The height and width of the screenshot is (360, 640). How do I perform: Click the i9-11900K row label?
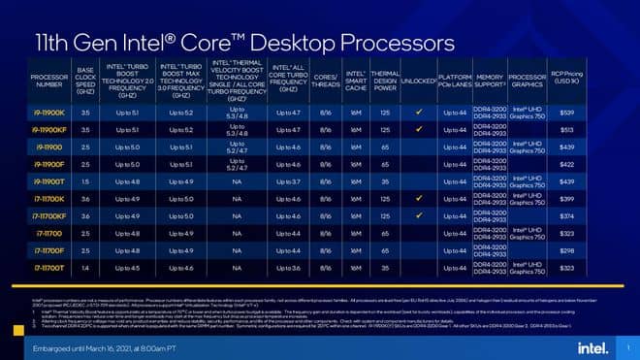tap(42, 114)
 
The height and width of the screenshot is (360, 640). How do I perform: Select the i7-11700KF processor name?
tap(42, 215)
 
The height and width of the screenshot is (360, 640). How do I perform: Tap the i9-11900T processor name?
tap(42, 181)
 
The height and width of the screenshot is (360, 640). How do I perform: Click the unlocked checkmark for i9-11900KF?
tap(417, 130)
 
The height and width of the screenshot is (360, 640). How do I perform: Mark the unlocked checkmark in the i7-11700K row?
tap(417, 198)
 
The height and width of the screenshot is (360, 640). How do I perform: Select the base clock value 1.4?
tap(85, 267)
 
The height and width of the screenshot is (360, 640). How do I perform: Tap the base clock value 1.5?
tap(85, 181)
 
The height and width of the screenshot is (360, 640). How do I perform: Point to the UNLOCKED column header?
tap(417, 80)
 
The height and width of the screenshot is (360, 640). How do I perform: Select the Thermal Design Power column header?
tap(385, 80)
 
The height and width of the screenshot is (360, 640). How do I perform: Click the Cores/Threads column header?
tap(326, 80)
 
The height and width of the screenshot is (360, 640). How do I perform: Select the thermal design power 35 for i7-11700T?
tap(385, 267)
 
